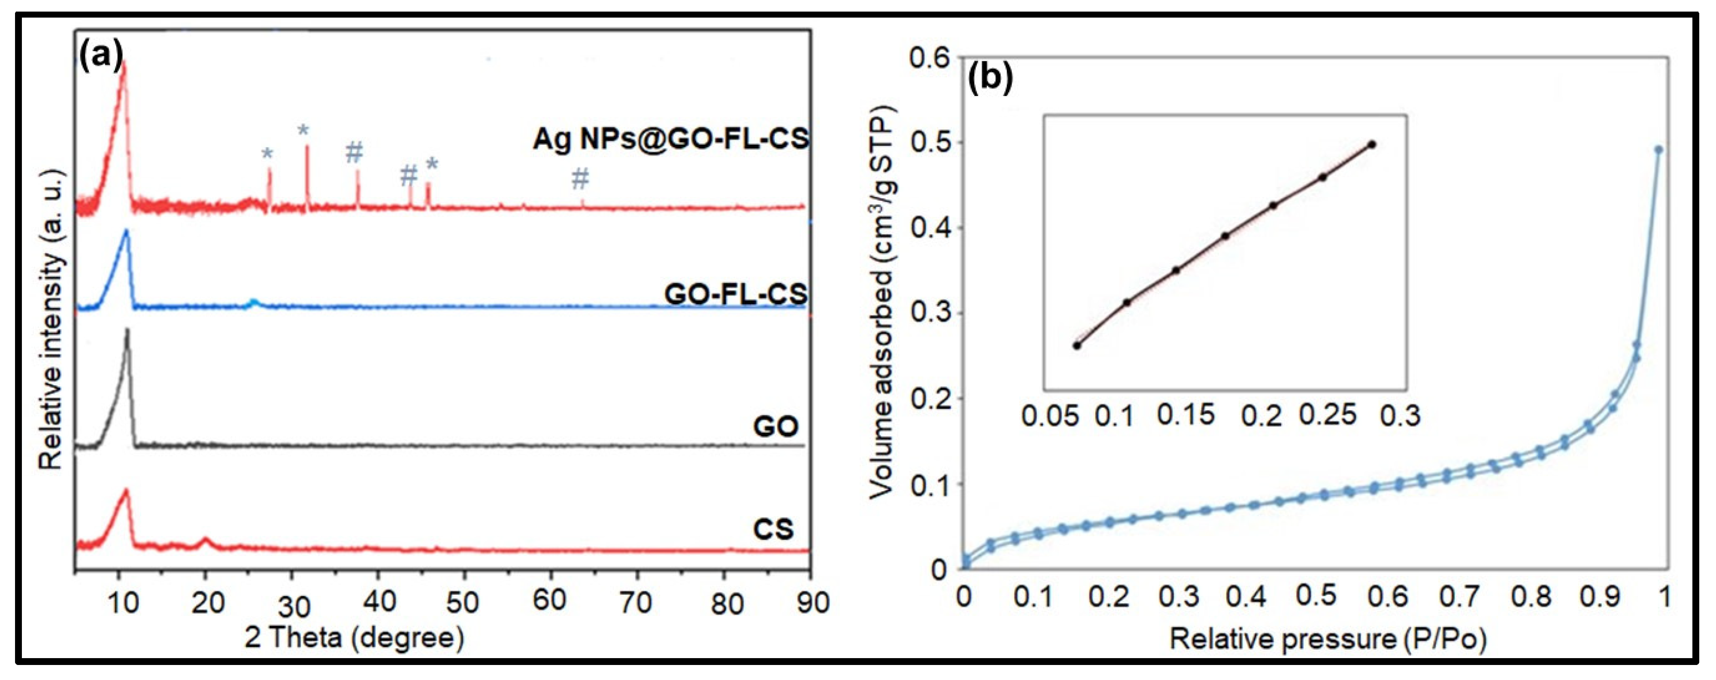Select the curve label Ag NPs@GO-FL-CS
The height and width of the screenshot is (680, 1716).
coord(670,139)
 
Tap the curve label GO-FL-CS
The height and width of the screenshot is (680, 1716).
coord(735,294)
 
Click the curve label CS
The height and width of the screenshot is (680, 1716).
coord(773,529)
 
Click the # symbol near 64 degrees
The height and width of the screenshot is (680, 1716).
coord(580,178)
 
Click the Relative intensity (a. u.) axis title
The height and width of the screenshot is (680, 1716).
coord(52,320)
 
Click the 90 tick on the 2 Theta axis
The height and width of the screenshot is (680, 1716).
coord(813,602)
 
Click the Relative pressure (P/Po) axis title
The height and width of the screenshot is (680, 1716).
coord(1328,639)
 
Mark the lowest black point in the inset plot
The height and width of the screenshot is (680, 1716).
coord(1076,345)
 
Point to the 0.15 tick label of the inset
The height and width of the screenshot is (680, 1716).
coord(1186,415)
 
